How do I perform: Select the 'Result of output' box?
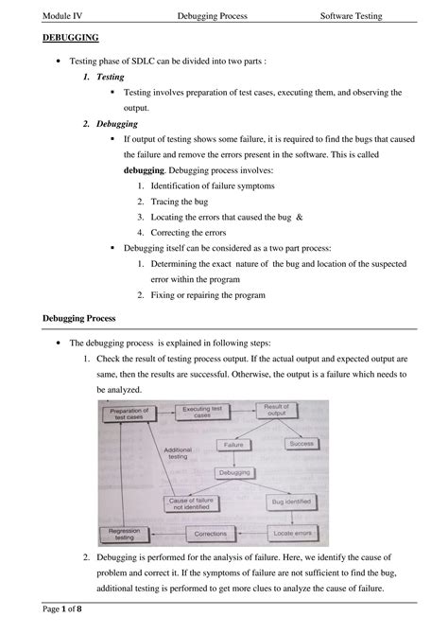click(276, 411)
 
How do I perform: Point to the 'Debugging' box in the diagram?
click(234, 472)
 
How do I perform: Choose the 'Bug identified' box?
click(290, 502)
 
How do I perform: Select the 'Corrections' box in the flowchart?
click(210, 535)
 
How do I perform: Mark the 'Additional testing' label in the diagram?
click(178, 454)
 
